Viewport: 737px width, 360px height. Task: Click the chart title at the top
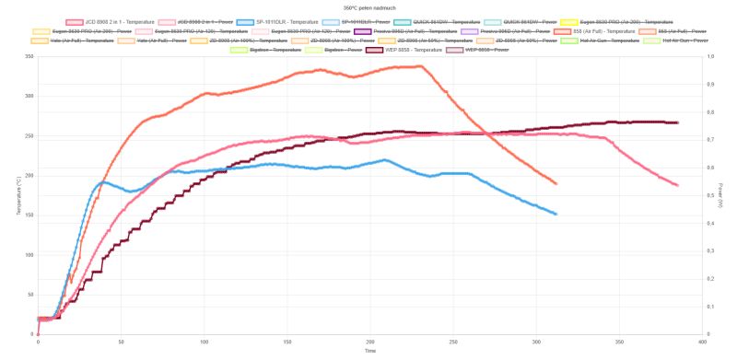click(368, 6)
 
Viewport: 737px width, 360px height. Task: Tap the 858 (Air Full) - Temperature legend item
click(591, 31)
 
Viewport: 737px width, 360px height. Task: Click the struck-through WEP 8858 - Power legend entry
click(485, 50)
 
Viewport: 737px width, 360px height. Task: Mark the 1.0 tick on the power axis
click(708, 57)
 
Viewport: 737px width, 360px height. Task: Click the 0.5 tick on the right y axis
click(708, 195)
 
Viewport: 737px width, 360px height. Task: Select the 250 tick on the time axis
click(452, 341)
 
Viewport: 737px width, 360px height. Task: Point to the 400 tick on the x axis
click(701, 341)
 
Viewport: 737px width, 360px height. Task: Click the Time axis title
click(368, 351)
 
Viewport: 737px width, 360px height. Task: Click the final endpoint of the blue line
click(556, 214)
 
